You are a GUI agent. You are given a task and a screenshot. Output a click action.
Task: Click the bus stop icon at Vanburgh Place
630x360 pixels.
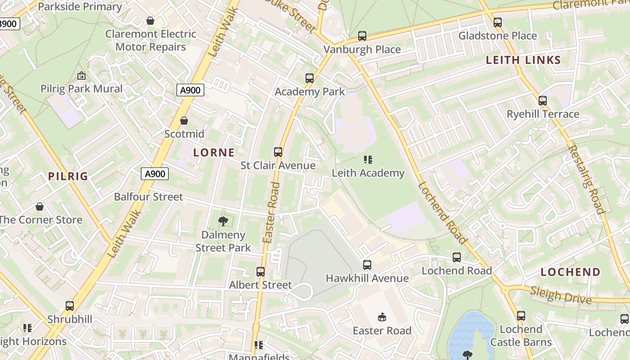point(362,36)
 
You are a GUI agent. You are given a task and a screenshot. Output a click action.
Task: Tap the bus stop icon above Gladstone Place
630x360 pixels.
point(498,22)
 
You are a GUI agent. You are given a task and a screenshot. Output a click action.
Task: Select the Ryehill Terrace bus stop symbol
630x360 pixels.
point(543,101)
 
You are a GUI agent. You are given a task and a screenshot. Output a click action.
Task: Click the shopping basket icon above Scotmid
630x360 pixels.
point(184,121)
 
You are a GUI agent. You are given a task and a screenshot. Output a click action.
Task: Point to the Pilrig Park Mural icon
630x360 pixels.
point(81,76)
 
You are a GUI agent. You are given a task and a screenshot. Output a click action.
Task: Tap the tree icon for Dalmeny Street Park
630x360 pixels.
point(223,221)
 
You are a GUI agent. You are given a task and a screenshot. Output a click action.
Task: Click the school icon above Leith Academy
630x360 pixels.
point(368,160)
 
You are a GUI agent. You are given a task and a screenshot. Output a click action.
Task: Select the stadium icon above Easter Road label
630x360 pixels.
point(382,317)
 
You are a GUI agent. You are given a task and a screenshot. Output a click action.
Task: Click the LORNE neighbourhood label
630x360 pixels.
point(214,153)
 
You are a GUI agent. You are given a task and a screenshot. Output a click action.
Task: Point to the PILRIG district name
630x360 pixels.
point(68,176)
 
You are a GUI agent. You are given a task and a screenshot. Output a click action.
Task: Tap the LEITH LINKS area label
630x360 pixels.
point(523,60)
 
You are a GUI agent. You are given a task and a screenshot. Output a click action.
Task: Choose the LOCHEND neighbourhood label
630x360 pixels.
point(570,272)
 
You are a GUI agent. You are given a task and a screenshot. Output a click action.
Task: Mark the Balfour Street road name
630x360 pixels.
point(148,197)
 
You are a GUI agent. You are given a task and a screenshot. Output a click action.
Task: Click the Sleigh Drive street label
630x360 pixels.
point(561,295)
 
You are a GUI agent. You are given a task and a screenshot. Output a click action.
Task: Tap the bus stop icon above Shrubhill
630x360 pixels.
point(70,306)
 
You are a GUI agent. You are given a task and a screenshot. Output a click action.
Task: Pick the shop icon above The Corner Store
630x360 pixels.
point(40,207)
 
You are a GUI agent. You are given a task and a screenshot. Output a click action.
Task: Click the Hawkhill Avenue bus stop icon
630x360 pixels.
point(367,265)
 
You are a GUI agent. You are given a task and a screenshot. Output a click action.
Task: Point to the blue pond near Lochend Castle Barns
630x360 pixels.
point(470,333)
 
